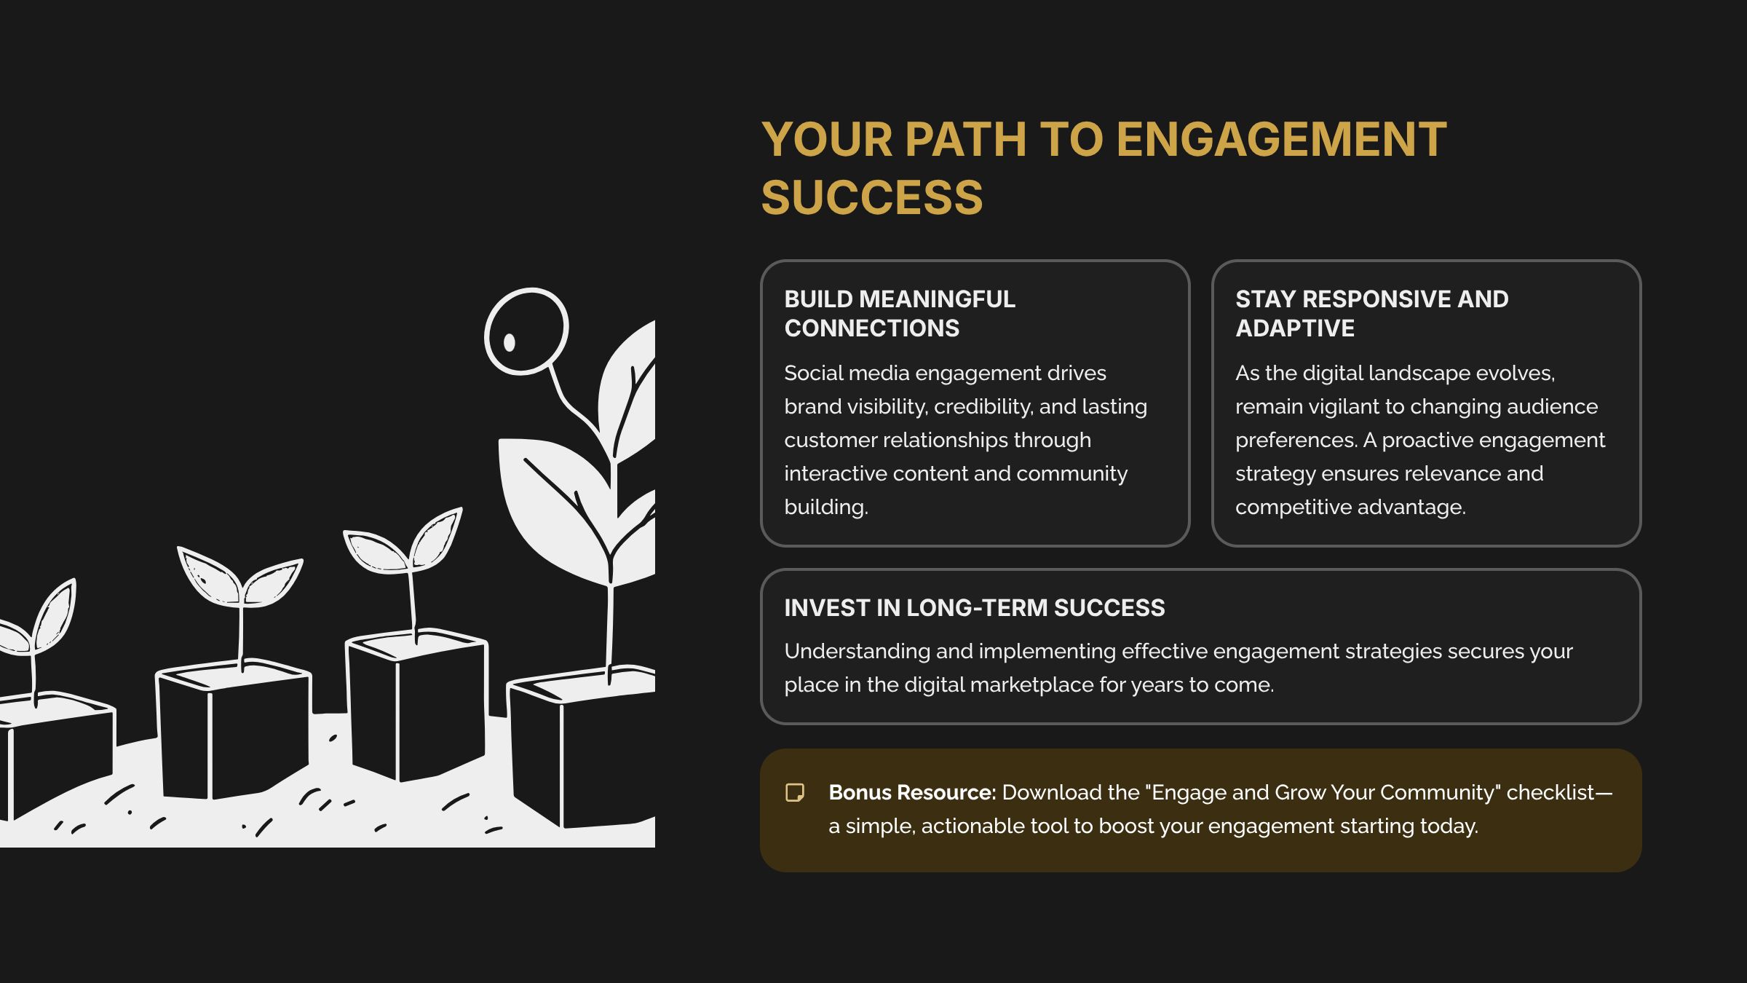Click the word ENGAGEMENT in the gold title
(x=1281, y=139)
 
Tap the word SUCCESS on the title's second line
(x=872, y=197)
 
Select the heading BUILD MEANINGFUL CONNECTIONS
(x=900, y=313)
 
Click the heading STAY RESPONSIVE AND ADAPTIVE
(x=1371, y=313)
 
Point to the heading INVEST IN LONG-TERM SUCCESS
(x=974, y=608)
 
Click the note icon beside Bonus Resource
(x=795, y=792)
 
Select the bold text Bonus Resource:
(x=912, y=792)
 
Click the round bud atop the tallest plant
(x=526, y=331)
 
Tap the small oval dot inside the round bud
(x=510, y=342)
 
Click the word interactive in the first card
(x=836, y=473)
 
